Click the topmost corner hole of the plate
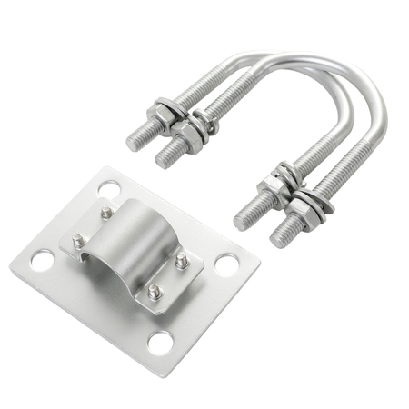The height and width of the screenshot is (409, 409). [x=109, y=190]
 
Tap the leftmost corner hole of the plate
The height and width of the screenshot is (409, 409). [x=41, y=261]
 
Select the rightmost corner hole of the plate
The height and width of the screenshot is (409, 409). [x=226, y=264]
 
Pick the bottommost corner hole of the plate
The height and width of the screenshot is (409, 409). [x=160, y=343]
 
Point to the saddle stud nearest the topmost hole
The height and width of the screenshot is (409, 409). [x=107, y=213]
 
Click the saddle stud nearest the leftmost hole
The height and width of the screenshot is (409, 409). [x=78, y=242]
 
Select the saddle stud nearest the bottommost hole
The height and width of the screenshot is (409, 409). [x=154, y=292]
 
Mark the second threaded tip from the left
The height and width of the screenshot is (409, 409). [x=164, y=160]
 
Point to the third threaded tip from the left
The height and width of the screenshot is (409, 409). [x=241, y=220]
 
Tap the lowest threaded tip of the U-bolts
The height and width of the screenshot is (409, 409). [x=278, y=239]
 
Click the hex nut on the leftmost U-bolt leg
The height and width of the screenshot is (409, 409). [x=164, y=114]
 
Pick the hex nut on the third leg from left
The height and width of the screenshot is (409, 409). [x=271, y=189]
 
